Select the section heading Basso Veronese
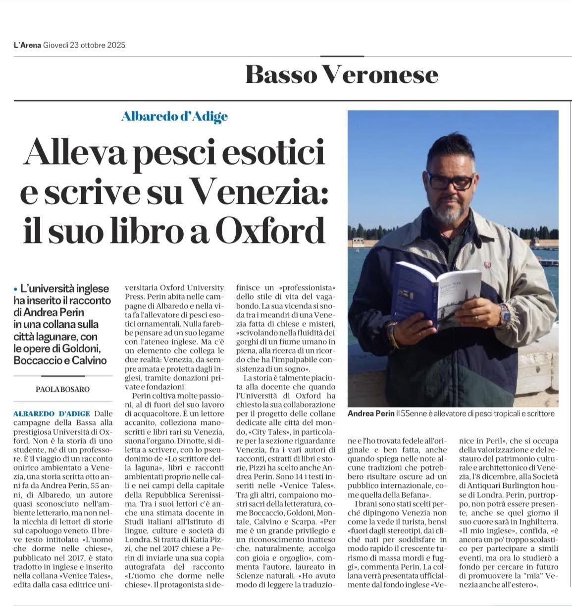tap(342, 75)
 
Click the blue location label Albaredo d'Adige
tap(174, 117)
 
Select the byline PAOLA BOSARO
tap(62, 389)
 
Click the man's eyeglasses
tap(450, 181)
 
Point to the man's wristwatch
tap(504, 313)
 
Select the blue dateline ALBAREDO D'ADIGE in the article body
tap(52, 414)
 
